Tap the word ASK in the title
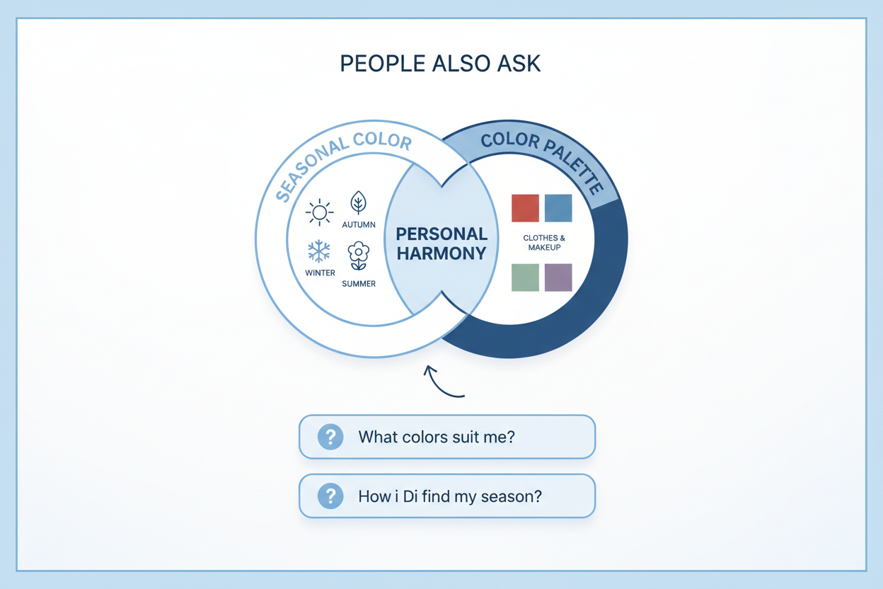[x=519, y=64]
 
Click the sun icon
[x=319, y=212]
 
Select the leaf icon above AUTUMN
[x=358, y=202]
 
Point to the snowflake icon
[x=319, y=251]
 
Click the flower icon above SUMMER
[x=358, y=256]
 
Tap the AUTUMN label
[x=359, y=225]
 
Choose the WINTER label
[x=320, y=273]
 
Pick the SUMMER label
[x=359, y=284]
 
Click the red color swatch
[x=525, y=208]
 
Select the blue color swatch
[x=558, y=208]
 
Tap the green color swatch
[x=525, y=278]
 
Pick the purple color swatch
[x=558, y=278]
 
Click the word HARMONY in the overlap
[x=441, y=253]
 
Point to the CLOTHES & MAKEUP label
[x=544, y=243]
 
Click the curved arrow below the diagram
[x=439, y=384]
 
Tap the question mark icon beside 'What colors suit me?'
[x=330, y=437]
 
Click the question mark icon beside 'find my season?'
[x=330, y=496]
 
